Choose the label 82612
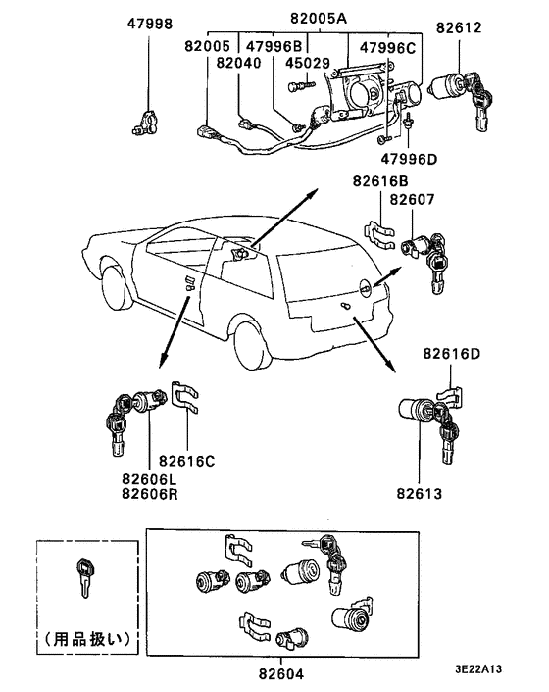click(459, 27)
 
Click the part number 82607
click(413, 200)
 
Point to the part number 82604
click(281, 674)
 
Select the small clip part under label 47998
click(145, 124)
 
